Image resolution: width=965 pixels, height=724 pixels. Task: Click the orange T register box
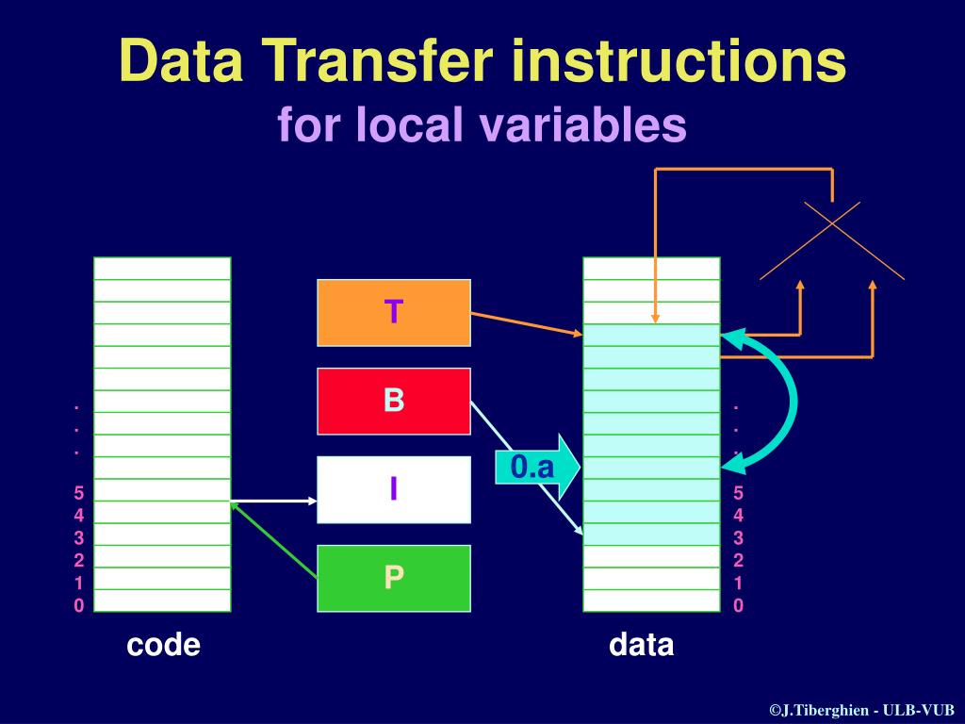(x=394, y=312)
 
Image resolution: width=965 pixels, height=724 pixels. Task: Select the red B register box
(x=394, y=401)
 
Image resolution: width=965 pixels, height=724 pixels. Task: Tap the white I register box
(x=394, y=489)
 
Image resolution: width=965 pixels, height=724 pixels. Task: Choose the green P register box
(x=394, y=578)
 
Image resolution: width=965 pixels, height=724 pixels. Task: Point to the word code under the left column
(x=163, y=645)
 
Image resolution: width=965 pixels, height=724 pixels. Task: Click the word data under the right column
(x=642, y=645)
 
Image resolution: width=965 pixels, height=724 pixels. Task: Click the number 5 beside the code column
(x=79, y=493)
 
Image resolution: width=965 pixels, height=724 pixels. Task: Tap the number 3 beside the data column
(x=739, y=538)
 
